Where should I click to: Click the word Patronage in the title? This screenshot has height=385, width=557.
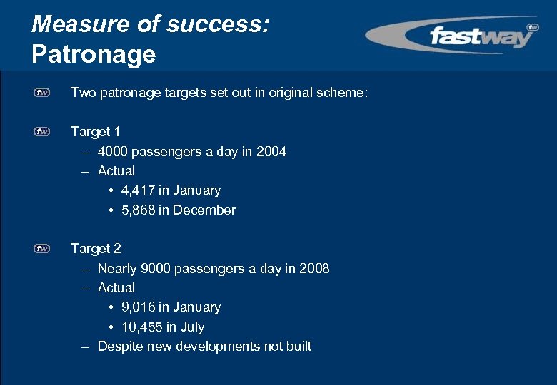tap(94, 53)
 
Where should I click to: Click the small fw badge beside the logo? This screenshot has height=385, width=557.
tap(532, 27)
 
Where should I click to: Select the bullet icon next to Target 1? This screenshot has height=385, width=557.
tap(42, 132)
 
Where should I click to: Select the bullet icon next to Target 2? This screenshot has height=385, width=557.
tap(42, 249)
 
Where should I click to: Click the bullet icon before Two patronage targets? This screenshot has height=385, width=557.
tap(42, 93)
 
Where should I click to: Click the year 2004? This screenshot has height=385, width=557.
tap(271, 151)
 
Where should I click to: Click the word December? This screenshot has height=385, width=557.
tap(204, 210)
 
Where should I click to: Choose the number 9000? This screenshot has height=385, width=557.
tap(156, 268)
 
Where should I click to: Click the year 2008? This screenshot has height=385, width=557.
tap(314, 268)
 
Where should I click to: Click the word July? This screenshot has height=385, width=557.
tap(192, 327)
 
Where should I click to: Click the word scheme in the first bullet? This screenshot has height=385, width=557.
tap(345, 93)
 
